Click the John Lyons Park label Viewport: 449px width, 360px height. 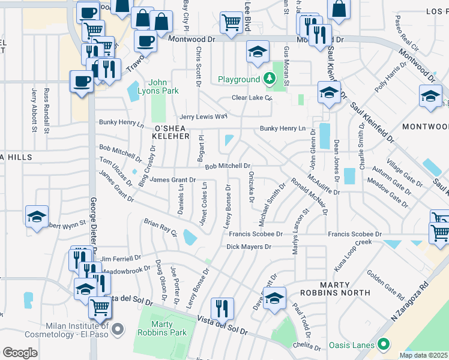coord(164,86)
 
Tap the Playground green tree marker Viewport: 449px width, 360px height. coord(270,79)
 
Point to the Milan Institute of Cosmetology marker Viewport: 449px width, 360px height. coord(118,328)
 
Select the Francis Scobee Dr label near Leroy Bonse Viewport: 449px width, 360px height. coord(255,234)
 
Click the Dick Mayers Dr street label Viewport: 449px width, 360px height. coord(249,246)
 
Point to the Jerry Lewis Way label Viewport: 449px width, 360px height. coord(204,116)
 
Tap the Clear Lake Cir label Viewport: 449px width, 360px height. coord(252,98)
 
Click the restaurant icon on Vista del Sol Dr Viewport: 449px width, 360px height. coord(222,308)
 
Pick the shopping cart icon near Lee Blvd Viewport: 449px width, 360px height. coord(231,23)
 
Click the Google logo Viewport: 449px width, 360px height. coord(20,353)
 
